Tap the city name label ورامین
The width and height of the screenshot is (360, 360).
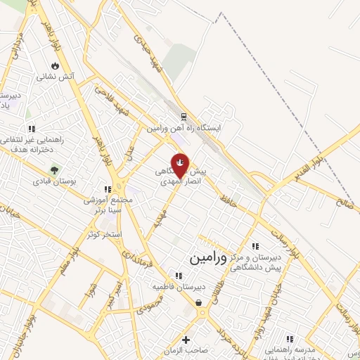coord(209,258)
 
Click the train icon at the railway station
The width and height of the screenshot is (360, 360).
coord(184,117)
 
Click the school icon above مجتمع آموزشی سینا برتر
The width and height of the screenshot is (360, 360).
coord(107,189)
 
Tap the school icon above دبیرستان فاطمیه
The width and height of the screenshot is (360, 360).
coord(176,276)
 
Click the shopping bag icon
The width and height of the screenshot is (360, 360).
coord(199,302)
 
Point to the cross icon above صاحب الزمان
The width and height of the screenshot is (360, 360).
coord(186,340)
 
